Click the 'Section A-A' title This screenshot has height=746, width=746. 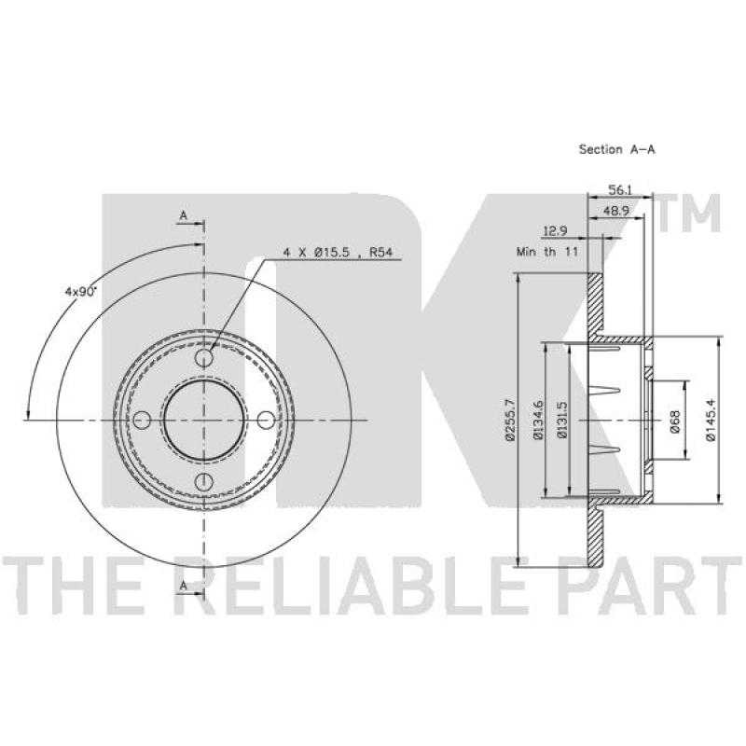(616, 149)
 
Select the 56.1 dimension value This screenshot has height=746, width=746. (620, 190)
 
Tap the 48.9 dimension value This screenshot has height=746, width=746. (616, 211)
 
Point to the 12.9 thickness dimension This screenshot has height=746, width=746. (555, 231)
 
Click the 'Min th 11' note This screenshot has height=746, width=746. (547, 252)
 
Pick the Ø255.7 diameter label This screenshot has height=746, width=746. (510, 421)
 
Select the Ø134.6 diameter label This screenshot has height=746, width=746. (538, 421)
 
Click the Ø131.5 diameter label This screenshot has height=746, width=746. (562, 421)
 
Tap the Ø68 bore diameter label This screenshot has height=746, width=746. (675, 421)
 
